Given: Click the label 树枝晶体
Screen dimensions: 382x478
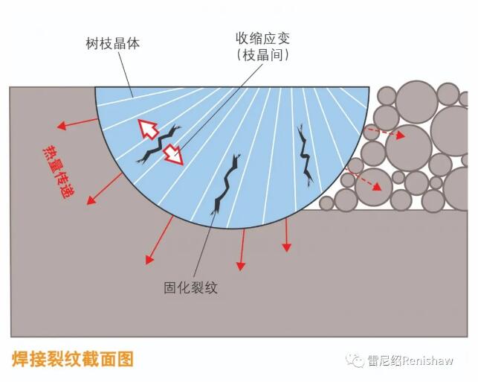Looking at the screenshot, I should [x=112, y=44].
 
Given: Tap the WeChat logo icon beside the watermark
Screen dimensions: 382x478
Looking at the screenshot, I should [x=352, y=360].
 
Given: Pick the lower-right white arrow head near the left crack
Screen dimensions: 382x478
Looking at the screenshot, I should [x=173, y=155].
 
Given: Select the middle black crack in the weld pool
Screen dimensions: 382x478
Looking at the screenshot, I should [x=225, y=185].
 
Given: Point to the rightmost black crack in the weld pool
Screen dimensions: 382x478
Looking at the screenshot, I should [x=305, y=153].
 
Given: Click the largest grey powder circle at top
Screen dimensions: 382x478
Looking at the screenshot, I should [x=416, y=101].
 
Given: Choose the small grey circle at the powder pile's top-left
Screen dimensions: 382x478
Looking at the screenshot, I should [x=387, y=95].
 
